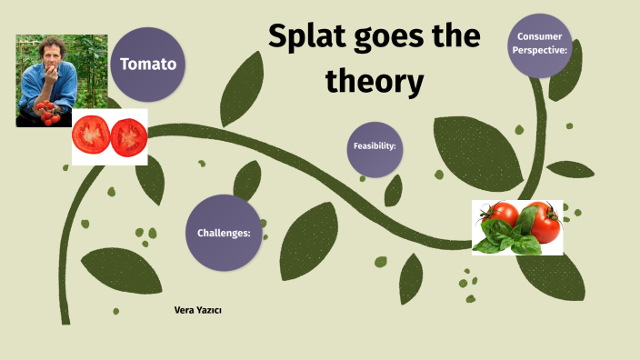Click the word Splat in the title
point(310,39)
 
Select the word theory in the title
point(375,82)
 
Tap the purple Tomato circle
point(148,65)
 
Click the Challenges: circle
point(224,233)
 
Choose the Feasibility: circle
point(375,149)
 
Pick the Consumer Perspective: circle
point(542,44)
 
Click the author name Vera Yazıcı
point(197,311)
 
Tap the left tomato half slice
point(91,136)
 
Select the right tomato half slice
point(129,136)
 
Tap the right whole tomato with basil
point(541,221)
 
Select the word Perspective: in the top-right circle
point(542,50)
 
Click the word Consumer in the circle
point(540,36)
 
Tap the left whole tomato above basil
point(501,216)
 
